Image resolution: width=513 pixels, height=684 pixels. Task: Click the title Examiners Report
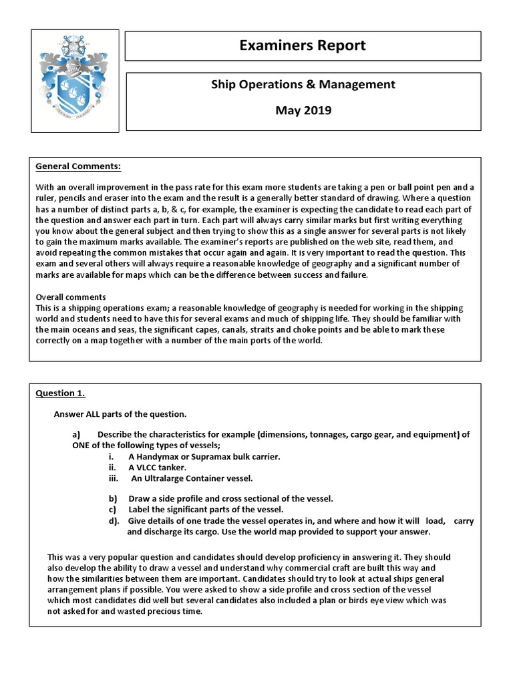(x=303, y=46)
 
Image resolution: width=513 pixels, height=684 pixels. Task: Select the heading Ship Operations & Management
(x=303, y=84)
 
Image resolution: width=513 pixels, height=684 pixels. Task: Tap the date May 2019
(x=303, y=110)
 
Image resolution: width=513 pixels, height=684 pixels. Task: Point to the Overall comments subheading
(x=71, y=297)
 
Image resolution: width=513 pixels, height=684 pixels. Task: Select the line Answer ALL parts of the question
(x=120, y=414)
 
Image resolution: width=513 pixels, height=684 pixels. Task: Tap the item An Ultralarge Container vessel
(x=192, y=478)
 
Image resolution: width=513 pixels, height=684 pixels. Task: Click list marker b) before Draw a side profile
(x=112, y=500)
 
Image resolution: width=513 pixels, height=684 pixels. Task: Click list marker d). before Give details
(x=114, y=521)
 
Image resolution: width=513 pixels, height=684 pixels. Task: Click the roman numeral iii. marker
(x=113, y=478)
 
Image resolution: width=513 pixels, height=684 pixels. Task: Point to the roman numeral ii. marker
(x=112, y=468)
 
